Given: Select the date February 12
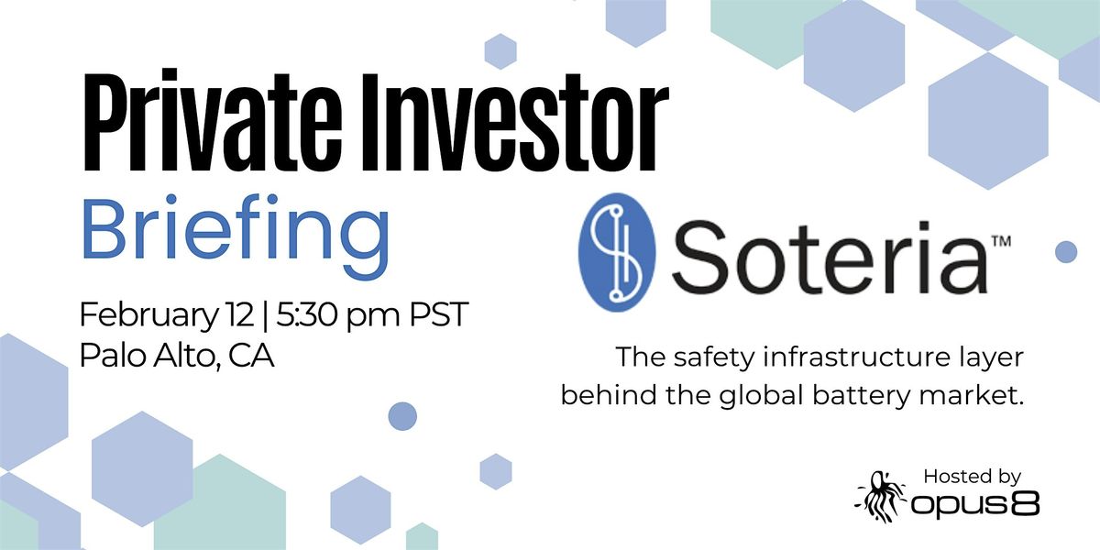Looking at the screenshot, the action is [x=167, y=314].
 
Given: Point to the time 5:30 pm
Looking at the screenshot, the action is [x=338, y=314].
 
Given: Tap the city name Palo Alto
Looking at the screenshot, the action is [x=148, y=356].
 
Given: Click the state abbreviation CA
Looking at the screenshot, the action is [x=251, y=356].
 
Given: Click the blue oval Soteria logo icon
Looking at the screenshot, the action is [x=617, y=252].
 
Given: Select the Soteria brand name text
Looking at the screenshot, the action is [x=829, y=257].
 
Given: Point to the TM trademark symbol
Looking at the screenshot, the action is [x=1001, y=241].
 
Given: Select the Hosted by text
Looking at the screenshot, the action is [x=973, y=477].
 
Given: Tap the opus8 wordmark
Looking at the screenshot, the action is [x=974, y=504].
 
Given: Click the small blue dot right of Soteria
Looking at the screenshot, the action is [x=1066, y=252].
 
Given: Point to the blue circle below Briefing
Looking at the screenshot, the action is [x=402, y=416].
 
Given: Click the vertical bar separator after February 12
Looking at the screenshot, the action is [x=265, y=315].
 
